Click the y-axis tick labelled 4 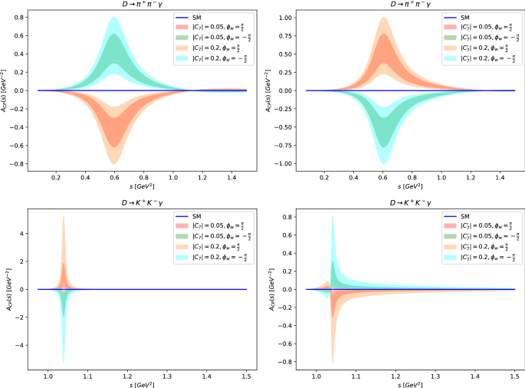(x=26, y=234)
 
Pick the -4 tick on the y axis (x=24, y=345)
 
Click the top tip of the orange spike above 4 (x=63, y=217)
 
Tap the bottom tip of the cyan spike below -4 (x=63, y=362)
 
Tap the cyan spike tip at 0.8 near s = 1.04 (x=333, y=217)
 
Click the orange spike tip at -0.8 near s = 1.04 (x=333, y=362)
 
